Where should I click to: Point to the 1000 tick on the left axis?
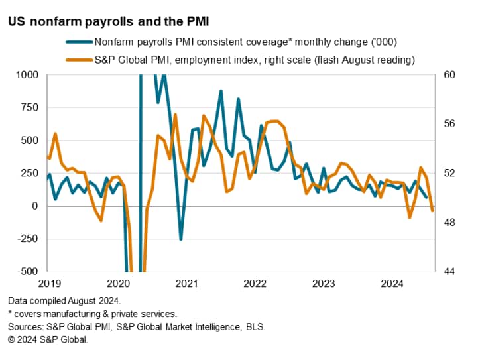pyautogui.click(x=29, y=75)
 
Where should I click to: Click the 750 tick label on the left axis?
pyautogui.click(x=31, y=107)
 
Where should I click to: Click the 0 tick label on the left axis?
pyautogui.click(x=37, y=206)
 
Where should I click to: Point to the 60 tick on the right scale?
pyautogui.click(x=448, y=75)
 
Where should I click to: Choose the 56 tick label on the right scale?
pyautogui.click(x=448, y=124)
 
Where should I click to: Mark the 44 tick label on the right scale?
pyautogui.click(x=448, y=271)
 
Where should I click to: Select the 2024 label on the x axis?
pyautogui.click(x=392, y=284)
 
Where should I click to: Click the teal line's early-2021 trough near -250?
pyautogui.click(x=180, y=239)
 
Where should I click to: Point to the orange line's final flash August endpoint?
pyautogui.click(x=433, y=211)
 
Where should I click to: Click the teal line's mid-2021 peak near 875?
pyautogui.click(x=221, y=91)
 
